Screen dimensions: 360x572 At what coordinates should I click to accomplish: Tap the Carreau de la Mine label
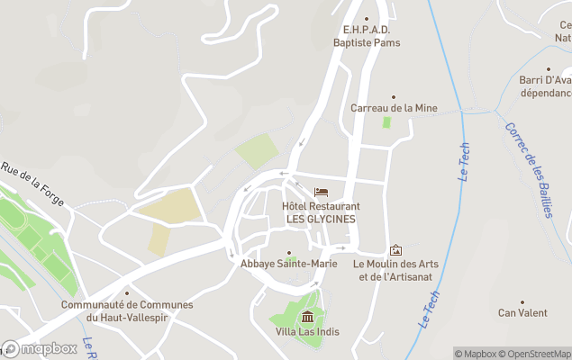coord(394,108)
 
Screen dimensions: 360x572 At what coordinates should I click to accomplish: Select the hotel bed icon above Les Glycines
coord(321,193)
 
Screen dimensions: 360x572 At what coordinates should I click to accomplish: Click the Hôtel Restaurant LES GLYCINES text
coord(321,212)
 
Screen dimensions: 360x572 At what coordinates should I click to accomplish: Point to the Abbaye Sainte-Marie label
coord(289,264)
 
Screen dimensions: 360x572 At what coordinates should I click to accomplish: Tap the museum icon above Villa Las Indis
coord(308,316)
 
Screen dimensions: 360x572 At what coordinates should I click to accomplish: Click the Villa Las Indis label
coord(308,331)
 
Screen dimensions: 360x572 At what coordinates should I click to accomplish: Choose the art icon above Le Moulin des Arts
coord(395,250)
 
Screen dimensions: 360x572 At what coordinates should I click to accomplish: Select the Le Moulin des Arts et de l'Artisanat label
coord(395,270)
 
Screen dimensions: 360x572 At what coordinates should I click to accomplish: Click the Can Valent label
coord(522,313)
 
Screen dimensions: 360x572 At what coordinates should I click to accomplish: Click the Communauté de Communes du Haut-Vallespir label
coord(127,310)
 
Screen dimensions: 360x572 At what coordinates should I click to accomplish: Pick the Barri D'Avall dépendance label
coord(546,86)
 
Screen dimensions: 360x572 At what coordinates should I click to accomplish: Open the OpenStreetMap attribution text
coord(535,354)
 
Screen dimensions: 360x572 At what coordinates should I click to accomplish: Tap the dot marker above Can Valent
coord(522,302)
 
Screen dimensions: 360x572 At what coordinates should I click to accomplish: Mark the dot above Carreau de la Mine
coord(394,96)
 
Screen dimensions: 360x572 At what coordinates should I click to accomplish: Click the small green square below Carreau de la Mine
coord(387,121)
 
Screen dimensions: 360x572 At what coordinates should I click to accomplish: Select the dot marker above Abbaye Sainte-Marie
coord(289,253)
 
